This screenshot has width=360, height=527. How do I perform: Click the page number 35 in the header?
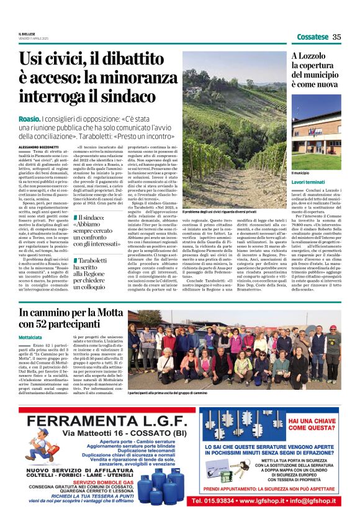point(337,37)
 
